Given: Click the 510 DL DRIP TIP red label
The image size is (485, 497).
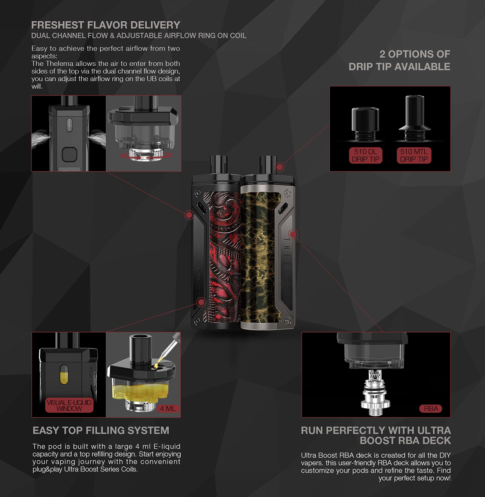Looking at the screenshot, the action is point(365,155).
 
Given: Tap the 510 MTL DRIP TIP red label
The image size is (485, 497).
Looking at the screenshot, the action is point(414,155).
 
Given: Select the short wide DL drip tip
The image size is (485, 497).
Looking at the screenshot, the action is point(365,124).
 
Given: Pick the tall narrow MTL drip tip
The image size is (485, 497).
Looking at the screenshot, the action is point(415,118).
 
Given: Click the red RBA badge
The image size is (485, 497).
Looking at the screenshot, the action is point(431,409).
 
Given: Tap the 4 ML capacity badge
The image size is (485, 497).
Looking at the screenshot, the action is point(167,409).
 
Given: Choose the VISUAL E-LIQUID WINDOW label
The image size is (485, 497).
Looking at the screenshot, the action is point(69,405).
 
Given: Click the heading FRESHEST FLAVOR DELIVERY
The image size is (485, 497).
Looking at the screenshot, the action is point(106,25).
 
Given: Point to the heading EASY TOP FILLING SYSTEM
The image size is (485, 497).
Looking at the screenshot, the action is point(101,430).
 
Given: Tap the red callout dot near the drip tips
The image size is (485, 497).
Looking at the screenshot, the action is point(280,167).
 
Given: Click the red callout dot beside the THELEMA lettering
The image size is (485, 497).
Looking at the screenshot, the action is point(293,234).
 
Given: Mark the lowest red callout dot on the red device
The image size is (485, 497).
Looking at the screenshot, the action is point(201,302).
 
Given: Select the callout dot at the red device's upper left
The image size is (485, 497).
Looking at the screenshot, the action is point(189,215).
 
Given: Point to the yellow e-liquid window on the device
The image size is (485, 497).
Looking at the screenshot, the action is point(64,375).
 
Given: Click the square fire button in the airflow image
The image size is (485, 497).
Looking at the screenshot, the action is point(70,155).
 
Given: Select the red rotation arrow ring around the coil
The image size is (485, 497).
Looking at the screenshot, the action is point(146,155).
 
